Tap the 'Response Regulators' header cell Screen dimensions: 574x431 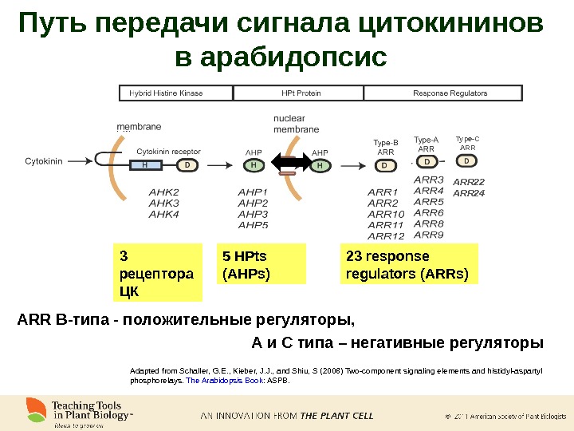450,93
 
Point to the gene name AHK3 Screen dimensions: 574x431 163,203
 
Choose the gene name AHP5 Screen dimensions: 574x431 253,225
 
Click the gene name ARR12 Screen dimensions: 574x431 386,236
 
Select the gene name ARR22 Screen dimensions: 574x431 469,182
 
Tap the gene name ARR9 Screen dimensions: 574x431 429,235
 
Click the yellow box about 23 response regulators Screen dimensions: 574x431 408,265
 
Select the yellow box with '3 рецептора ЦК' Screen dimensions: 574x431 157,273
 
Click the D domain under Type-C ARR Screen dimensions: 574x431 466,160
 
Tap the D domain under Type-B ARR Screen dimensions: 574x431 384,166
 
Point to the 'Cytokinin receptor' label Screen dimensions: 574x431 168,150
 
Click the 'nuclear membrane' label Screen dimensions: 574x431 296,124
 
